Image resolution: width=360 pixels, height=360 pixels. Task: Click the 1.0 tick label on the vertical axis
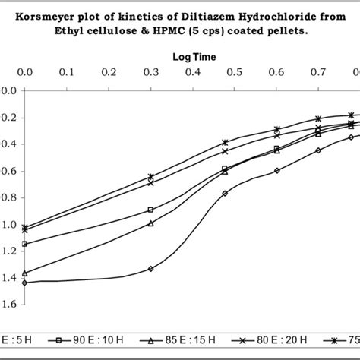[x=8, y=225]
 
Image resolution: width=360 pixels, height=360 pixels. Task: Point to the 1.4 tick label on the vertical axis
[x=8, y=278]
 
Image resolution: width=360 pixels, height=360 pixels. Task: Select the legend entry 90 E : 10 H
[x=91, y=342]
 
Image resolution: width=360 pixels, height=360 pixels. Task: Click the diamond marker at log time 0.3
[x=150, y=269]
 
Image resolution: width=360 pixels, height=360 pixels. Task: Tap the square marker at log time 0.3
[x=150, y=210]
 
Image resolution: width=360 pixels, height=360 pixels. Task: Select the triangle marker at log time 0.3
[x=150, y=223]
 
